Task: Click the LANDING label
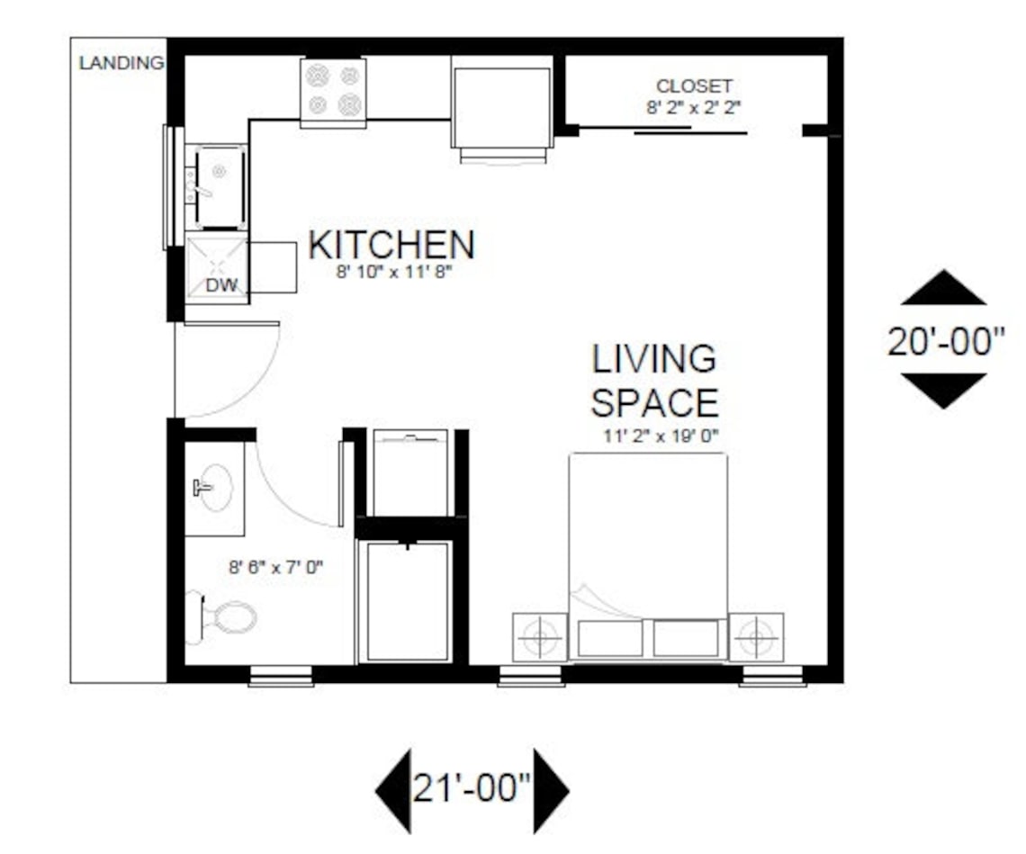pos(121,64)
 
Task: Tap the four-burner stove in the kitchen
pos(333,90)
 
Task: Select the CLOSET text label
pos(694,86)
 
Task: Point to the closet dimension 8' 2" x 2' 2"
pos(694,106)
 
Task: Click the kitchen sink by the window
pos(216,186)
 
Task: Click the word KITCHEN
pos(391,245)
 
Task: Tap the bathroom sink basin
pos(213,488)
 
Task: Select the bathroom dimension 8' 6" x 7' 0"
pos(274,567)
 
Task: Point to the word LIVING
pos(654,358)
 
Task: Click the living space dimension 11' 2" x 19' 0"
pos(661,437)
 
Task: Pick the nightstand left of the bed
pos(539,637)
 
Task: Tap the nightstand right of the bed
pos(756,637)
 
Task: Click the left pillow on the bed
pos(610,638)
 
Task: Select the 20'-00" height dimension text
pos(945,341)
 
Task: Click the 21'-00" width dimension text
pos(472,788)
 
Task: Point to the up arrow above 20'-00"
pos(943,289)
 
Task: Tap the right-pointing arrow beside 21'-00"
pos(550,790)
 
